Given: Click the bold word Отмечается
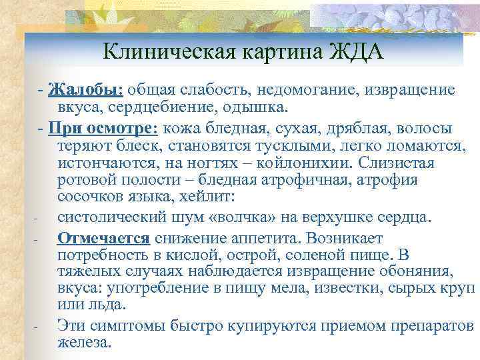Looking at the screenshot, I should click(105, 238).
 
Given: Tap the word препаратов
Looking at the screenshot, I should click(431, 325).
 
